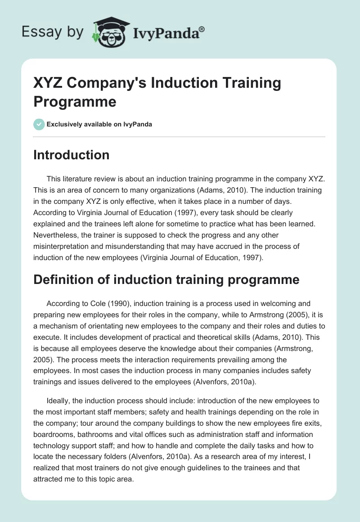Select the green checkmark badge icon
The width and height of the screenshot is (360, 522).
coord(39,124)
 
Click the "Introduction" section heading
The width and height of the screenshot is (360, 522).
coord(71,155)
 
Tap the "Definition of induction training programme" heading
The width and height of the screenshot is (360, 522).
coord(166,279)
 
